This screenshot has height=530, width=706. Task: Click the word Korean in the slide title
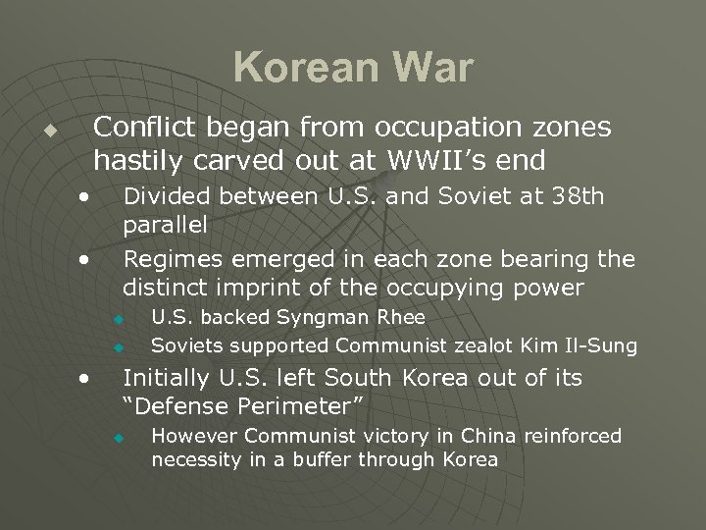[299, 69]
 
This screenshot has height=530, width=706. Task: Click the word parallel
[165, 224]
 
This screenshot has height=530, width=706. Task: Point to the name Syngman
[319, 317]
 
